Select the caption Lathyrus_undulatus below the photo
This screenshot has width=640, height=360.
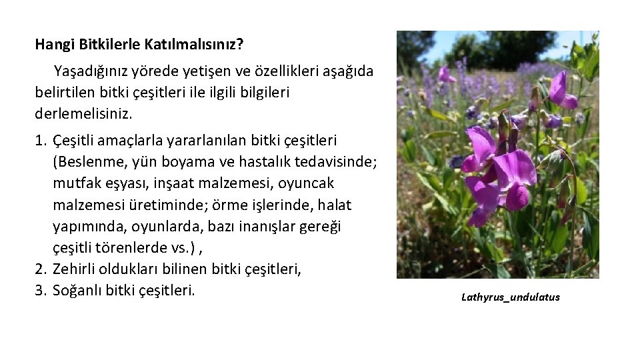point(511,297)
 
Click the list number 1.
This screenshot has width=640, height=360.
point(40,141)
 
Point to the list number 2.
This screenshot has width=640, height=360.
point(40,269)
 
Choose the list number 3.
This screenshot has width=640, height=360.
point(40,291)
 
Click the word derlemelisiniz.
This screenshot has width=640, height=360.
point(83,113)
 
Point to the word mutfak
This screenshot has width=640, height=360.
point(75,183)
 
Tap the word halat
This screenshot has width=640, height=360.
point(335,205)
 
